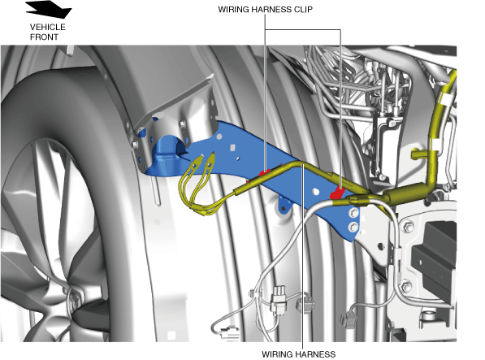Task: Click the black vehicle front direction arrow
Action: point(50,9)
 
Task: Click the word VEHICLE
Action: point(48,27)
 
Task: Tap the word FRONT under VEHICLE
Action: point(44,37)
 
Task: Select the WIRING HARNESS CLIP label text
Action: point(266,10)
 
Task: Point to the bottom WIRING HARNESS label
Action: point(298,354)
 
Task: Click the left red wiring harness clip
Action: point(265,172)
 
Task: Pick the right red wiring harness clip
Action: point(337,193)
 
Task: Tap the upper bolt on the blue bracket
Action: point(353,213)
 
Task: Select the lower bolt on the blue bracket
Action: point(353,228)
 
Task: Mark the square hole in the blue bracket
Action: point(232,148)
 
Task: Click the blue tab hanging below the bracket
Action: point(284,205)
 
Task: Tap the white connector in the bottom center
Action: point(279,299)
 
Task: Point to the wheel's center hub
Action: point(74,297)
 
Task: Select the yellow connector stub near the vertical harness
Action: point(419,154)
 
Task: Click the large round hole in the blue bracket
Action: point(315,192)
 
